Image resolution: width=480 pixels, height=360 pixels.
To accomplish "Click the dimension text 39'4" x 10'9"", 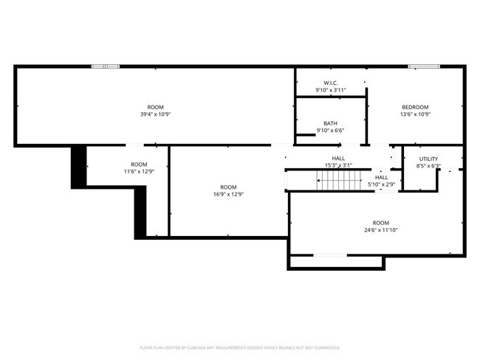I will click(x=155, y=114).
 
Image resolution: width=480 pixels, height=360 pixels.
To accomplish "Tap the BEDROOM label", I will click(x=414, y=107).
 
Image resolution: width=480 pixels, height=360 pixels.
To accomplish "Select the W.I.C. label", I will click(x=330, y=83).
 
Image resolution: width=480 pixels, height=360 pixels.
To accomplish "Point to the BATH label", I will click(x=330, y=123).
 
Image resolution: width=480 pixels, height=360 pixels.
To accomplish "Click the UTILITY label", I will click(x=428, y=159).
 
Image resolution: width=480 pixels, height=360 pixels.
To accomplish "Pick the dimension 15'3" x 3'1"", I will click(x=338, y=165).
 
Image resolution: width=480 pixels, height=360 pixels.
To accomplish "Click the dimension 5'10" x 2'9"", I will click(x=381, y=184).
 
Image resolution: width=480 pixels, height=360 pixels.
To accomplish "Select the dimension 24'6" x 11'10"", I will click(x=380, y=230).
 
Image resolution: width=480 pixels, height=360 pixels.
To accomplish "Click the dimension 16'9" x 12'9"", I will click(x=228, y=194).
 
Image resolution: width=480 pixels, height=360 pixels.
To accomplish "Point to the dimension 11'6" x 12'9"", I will click(x=138, y=171).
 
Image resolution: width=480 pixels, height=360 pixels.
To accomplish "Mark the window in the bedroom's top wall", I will click(x=420, y=66).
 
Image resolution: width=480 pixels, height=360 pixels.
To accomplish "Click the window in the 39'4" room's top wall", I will click(x=105, y=66).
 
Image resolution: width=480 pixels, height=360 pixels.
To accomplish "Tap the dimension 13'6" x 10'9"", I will click(x=414, y=114).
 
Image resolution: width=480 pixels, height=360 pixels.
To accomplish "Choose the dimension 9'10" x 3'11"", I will click(x=330, y=90).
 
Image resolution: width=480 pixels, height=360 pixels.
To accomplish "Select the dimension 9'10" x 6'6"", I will click(x=330, y=131).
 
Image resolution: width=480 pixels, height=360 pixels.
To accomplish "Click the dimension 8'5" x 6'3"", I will click(x=428, y=166).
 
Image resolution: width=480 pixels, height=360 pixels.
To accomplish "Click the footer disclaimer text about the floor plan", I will click(x=239, y=347).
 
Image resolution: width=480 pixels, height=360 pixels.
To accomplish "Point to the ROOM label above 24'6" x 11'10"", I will click(x=380, y=223).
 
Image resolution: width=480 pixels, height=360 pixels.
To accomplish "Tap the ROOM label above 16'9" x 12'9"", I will click(x=228, y=187).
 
